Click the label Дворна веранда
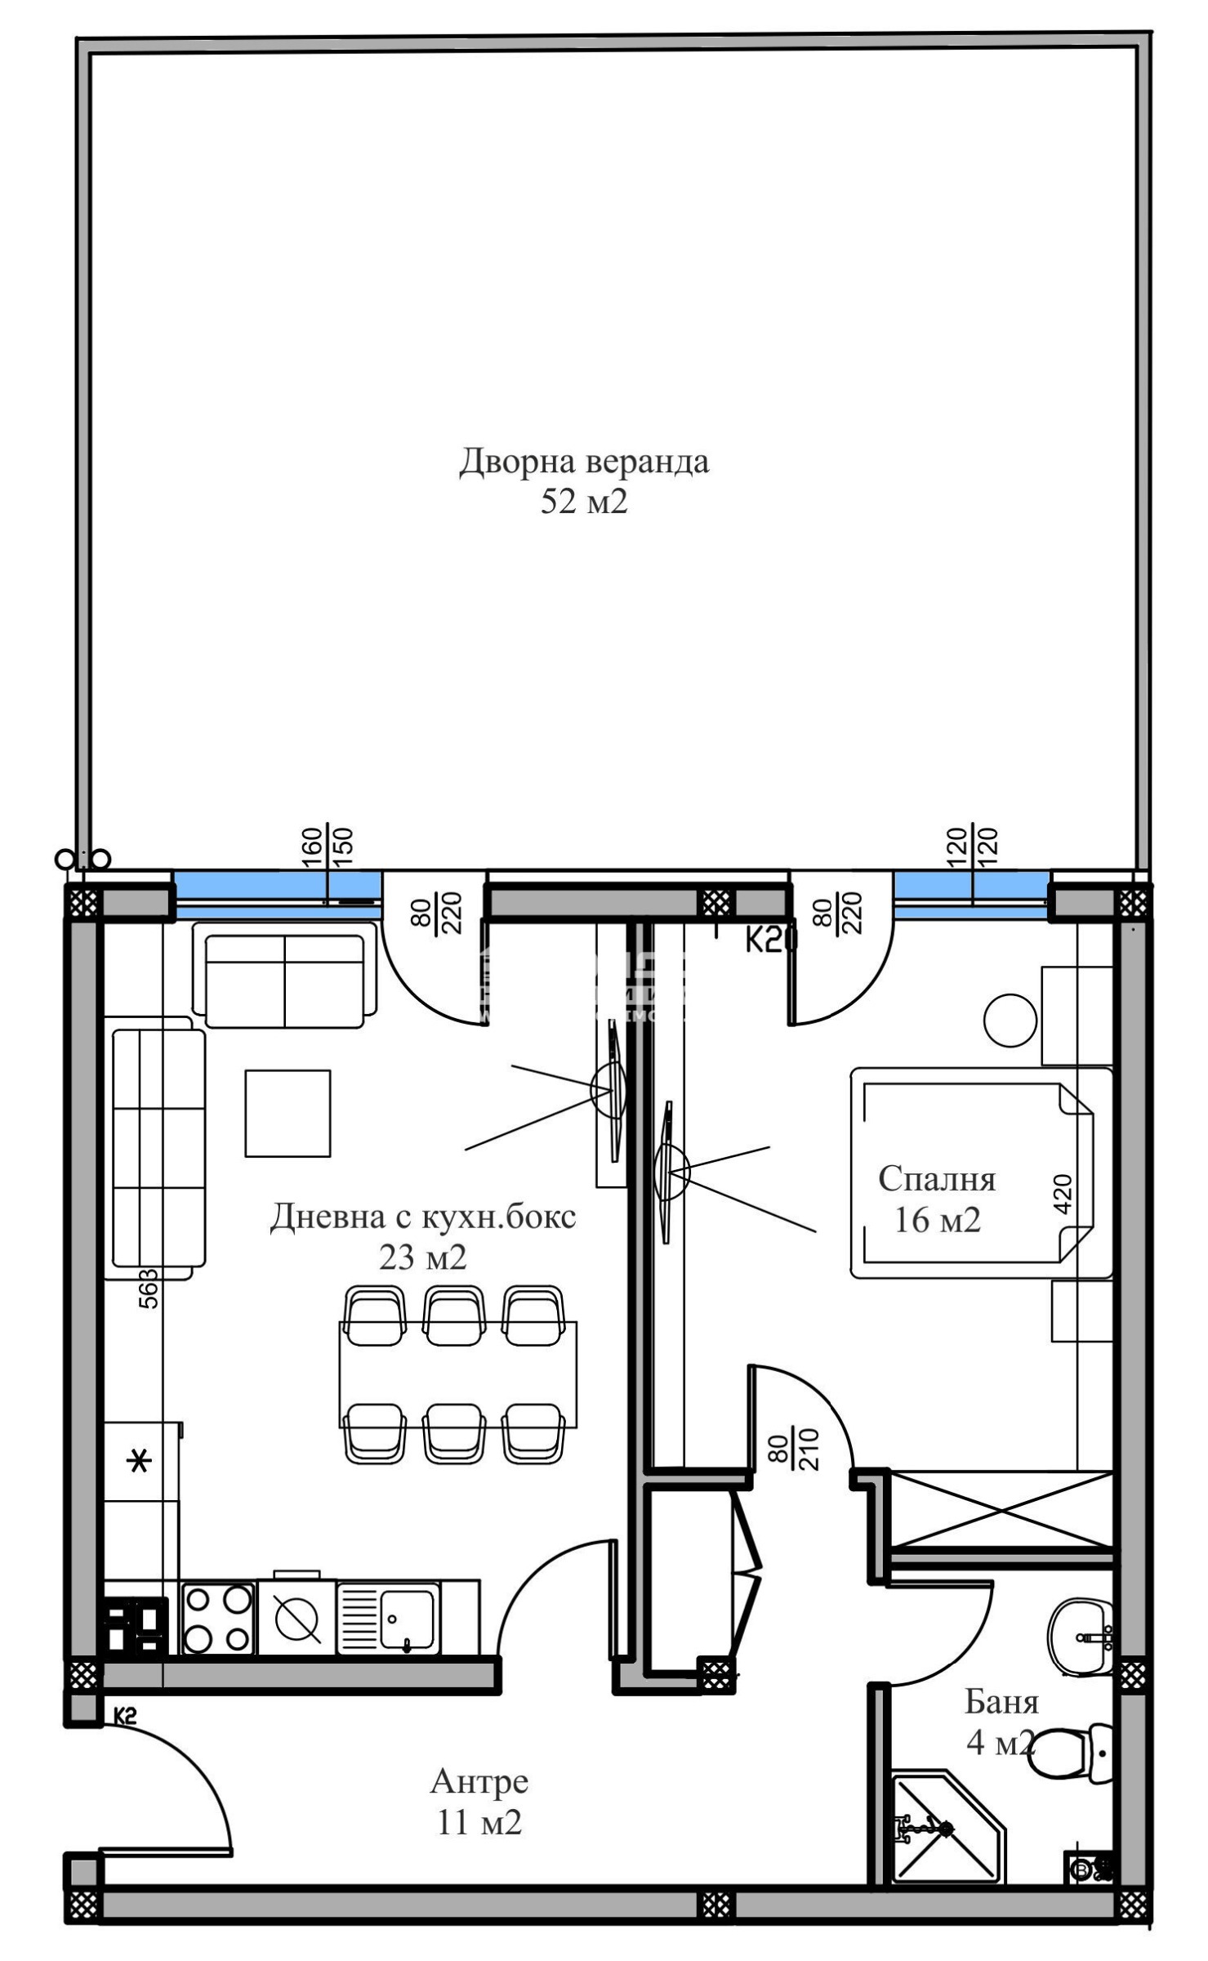[583, 462]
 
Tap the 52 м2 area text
[583, 502]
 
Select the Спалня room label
[937, 1179]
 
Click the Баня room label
[1001, 1702]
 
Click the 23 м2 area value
[422, 1257]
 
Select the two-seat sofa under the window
[285, 981]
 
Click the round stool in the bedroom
[1010, 1020]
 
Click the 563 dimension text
[149, 1289]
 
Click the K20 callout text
[771, 942]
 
